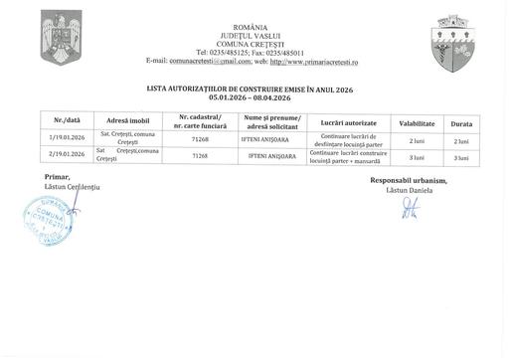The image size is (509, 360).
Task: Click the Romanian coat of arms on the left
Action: (x=62, y=38)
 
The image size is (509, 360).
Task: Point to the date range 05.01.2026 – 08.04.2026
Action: (x=251, y=97)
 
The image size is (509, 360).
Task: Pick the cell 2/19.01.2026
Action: (x=59, y=156)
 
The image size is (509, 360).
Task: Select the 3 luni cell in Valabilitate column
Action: (x=417, y=156)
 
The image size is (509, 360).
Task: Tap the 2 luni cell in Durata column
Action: (x=461, y=140)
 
